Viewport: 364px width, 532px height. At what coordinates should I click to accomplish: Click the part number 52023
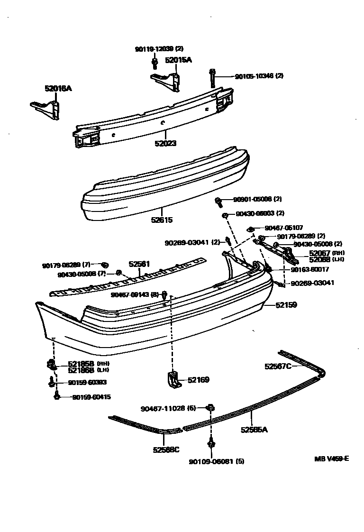click(x=165, y=143)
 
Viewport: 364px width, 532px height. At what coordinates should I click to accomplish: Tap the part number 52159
click(x=286, y=305)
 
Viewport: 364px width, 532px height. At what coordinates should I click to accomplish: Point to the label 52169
click(x=198, y=380)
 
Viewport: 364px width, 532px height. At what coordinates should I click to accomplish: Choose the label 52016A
click(x=58, y=88)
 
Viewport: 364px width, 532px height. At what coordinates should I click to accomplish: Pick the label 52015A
click(x=178, y=60)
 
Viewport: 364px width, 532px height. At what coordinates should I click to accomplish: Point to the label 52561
click(x=140, y=265)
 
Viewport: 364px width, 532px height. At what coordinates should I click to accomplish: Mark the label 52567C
click(x=278, y=366)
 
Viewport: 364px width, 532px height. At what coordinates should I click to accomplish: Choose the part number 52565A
click(x=254, y=430)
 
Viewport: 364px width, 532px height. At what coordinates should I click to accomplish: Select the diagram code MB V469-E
click(x=331, y=459)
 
